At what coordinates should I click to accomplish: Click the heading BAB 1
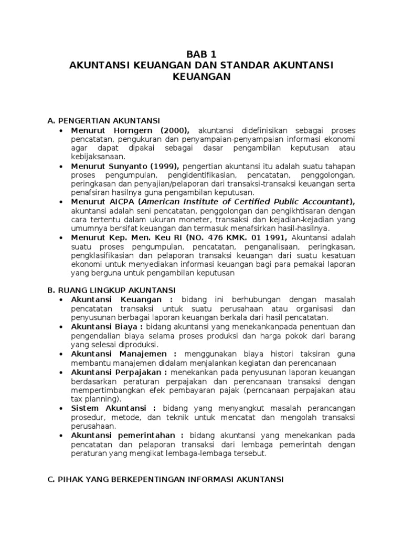click(201, 54)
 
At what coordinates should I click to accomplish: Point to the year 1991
click(274, 237)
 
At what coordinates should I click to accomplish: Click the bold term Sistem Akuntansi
click(108, 408)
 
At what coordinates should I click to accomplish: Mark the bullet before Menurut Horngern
click(62, 130)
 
